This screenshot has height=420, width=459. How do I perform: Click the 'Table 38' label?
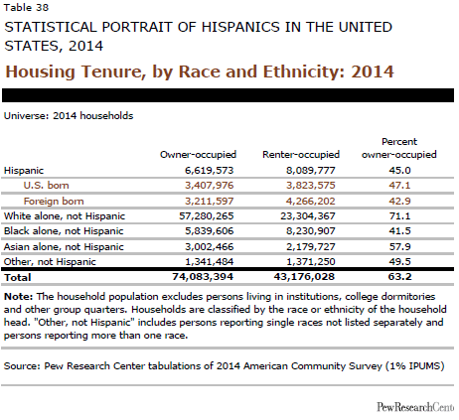pos(26,7)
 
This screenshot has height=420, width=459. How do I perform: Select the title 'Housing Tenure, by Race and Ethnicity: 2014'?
pos(200,71)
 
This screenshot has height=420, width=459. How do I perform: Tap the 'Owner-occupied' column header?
pos(198,154)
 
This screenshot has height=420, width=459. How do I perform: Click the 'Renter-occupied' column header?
pos(301,154)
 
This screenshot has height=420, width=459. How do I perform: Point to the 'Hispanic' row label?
pos(24,171)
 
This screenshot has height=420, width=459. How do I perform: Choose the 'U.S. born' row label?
pos(46,185)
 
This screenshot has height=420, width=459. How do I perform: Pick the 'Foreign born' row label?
pos(54,201)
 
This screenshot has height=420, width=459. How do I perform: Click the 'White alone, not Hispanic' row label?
pos(65,216)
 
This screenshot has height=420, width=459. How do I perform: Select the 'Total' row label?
pos(18,277)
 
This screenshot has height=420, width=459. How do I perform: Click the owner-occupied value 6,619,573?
pos(210,171)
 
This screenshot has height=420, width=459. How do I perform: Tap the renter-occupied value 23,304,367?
pos(308,216)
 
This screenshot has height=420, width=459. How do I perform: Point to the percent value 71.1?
pos(399,216)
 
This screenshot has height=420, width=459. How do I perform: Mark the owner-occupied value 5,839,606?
pos(210,231)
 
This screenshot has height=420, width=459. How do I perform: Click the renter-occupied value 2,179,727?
pos(311,246)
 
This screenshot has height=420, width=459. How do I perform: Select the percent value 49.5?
pos(399,262)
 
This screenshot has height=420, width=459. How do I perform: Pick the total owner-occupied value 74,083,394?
pos(203,277)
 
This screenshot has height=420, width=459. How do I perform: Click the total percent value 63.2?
pos(399,277)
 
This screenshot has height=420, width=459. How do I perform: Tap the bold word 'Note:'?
pos(18,297)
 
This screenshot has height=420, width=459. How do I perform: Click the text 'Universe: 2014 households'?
pos(69,116)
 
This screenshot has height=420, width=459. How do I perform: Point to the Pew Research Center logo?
pos(415,407)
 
